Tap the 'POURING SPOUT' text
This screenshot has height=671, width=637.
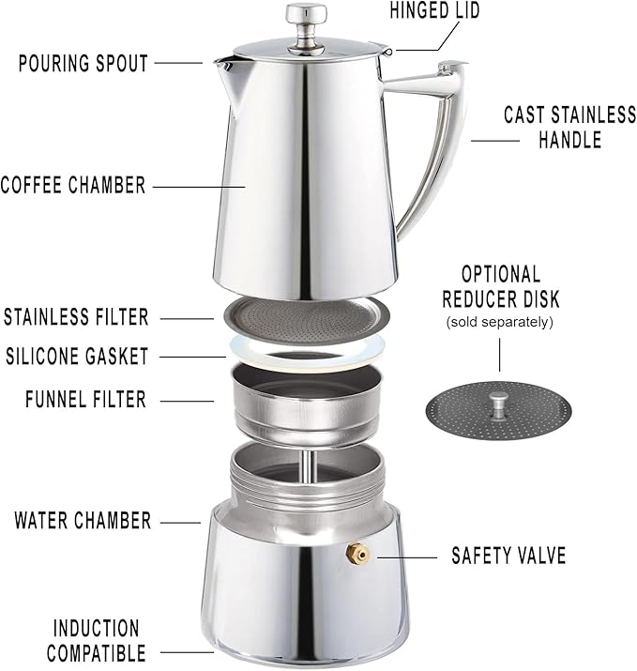83,64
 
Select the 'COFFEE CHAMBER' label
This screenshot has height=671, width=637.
73,184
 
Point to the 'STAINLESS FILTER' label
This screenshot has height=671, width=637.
76,317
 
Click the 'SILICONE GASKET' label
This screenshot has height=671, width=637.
77,357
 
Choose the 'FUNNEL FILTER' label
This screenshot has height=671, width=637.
85,400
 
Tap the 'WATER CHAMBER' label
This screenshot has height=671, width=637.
83,520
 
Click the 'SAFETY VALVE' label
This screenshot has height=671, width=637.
508,556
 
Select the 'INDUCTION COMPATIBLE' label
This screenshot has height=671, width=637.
97,640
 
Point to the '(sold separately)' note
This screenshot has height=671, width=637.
500,322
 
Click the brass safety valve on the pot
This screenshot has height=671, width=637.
356,556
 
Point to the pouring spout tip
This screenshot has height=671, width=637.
220,63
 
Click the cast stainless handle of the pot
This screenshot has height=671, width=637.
437,141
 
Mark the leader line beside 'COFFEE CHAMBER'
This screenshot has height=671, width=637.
199,185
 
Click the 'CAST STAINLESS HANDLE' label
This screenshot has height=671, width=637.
569,128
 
